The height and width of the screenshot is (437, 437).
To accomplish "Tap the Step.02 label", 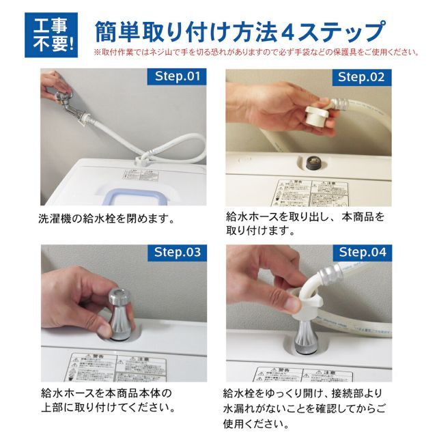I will click(x=361, y=76).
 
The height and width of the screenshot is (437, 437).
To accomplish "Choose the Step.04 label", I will click(x=361, y=252).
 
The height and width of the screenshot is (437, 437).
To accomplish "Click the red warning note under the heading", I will click(x=256, y=52).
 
